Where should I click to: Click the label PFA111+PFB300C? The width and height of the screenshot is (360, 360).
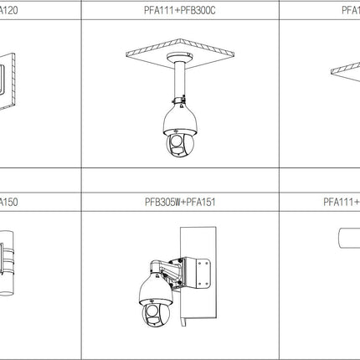click(x=181, y=11)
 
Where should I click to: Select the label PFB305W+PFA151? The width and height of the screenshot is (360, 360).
click(x=181, y=202)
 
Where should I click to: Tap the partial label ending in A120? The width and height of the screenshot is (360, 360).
click(x=11, y=11)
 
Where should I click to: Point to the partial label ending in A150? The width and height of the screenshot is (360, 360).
click(x=11, y=202)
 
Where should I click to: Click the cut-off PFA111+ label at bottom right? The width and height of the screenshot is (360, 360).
click(x=342, y=202)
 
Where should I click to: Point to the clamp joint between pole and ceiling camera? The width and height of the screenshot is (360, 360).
click(x=180, y=103)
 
